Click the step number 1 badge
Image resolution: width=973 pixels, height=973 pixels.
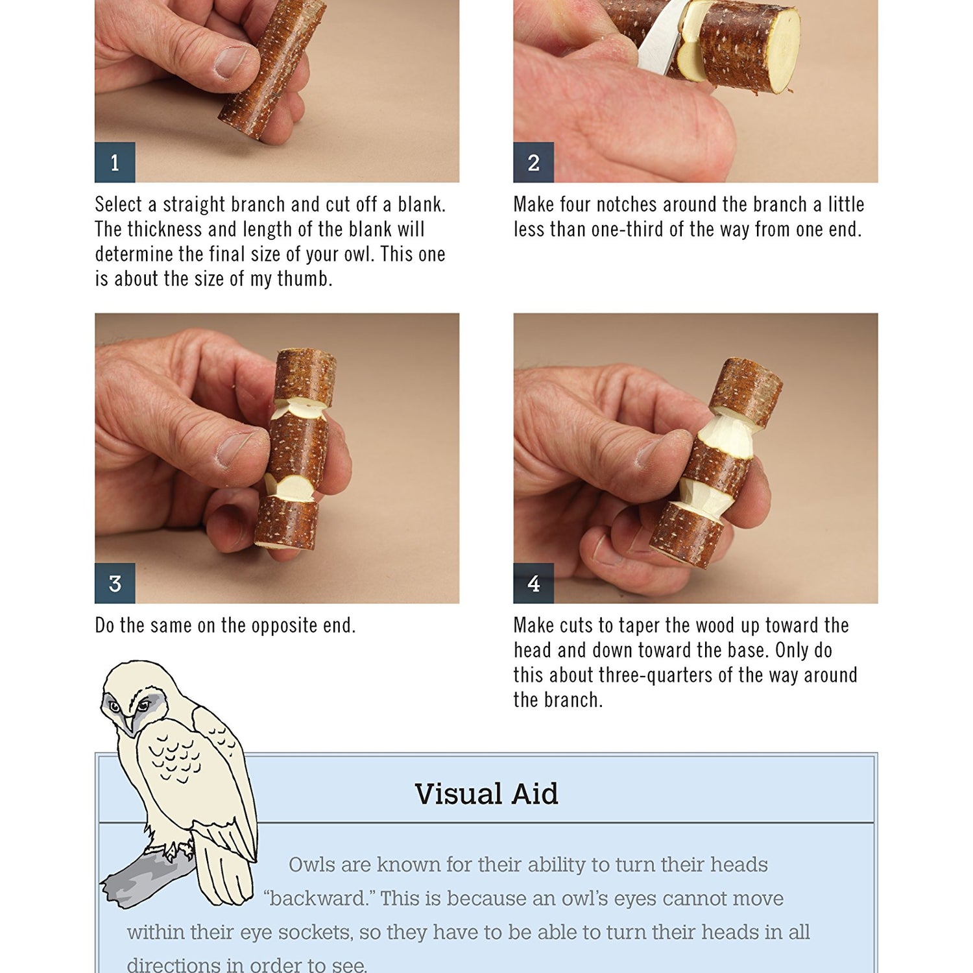coord(115,162)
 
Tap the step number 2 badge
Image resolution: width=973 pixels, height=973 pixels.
coord(533,162)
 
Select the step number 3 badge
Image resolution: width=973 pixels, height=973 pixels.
coord(115,583)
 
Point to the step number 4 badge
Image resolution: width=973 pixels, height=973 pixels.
coord(533,583)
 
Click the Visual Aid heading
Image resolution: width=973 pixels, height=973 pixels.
coord(486,794)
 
